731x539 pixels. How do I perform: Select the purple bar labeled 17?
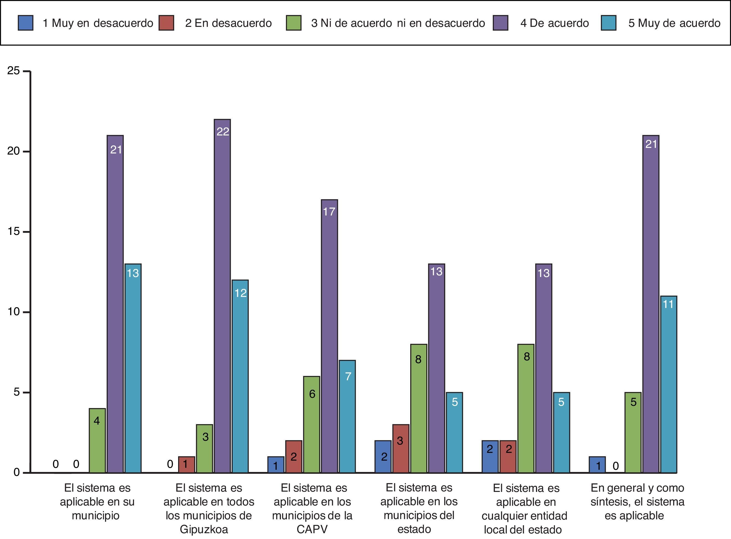tap(329, 336)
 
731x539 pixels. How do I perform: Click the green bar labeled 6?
tap(312, 424)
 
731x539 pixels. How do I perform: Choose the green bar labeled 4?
tap(97, 440)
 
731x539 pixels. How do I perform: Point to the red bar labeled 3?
tap(401, 448)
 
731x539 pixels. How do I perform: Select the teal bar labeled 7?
tap(347, 416)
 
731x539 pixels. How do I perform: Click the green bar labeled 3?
tap(205, 448)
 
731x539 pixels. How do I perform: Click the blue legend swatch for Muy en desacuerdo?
tap(25, 23)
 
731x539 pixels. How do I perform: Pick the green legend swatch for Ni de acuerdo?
tap(293, 23)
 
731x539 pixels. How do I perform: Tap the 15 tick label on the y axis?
tap(14, 231)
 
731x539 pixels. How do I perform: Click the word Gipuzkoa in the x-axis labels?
tap(204, 529)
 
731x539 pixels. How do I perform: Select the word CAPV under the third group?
tap(312, 529)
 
